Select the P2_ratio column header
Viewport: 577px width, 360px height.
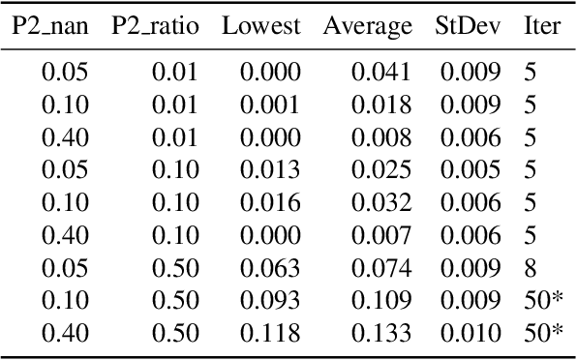click(155, 26)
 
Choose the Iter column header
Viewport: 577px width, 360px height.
click(541, 26)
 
